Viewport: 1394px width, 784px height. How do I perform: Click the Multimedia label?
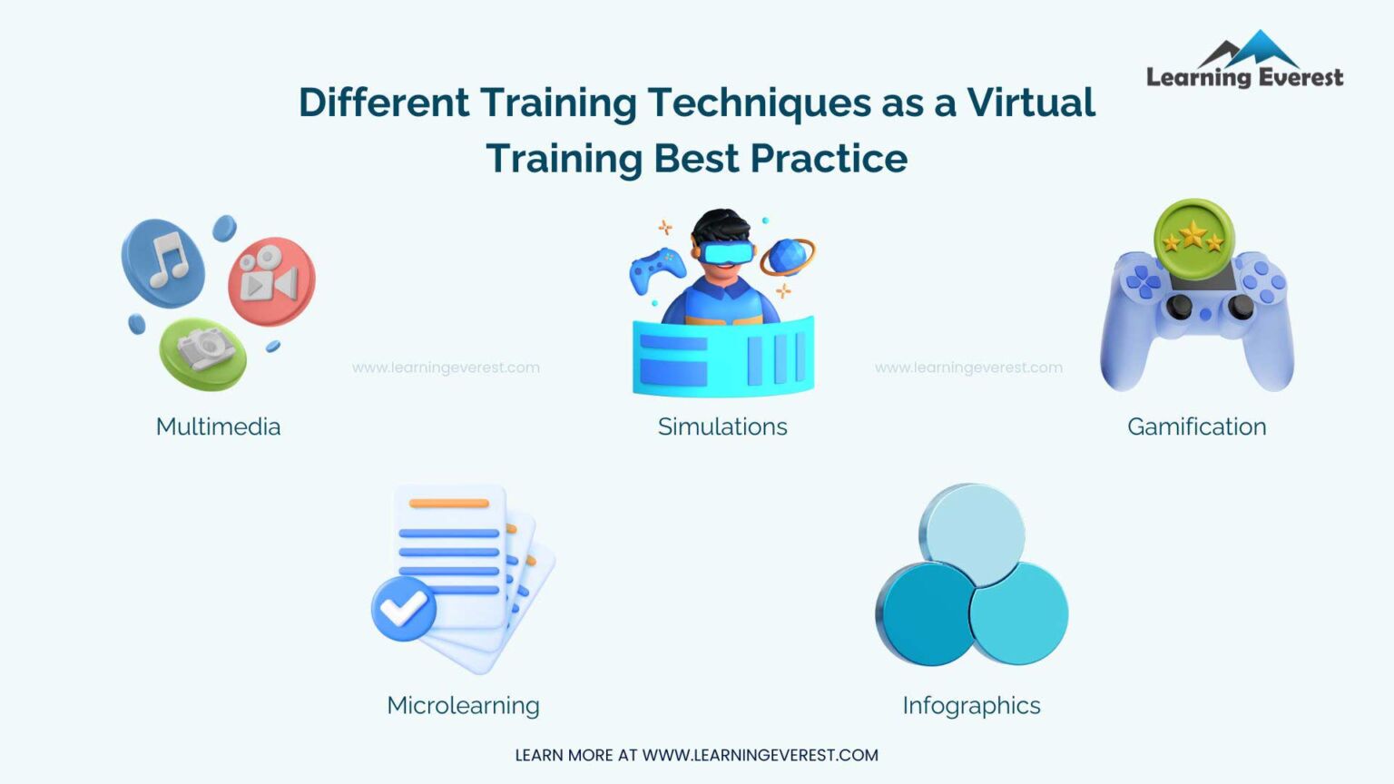point(218,426)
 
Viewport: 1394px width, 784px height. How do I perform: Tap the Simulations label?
point(722,426)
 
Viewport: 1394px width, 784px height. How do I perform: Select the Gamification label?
point(1197,426)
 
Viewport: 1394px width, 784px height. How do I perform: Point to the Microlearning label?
point(463,706)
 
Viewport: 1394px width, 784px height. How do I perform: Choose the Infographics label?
point(971,706)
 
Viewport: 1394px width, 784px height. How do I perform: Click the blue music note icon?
point(163,262)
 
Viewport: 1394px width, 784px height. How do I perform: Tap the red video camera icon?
point(272,281)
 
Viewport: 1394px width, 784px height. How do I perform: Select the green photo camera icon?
point(203,353)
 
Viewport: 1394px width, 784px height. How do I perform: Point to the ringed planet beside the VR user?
point(787,257)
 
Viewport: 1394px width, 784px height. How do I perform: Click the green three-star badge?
point(1193,239)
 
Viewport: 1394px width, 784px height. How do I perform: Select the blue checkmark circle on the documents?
point(404,609)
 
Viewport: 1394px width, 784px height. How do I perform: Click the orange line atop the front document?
point(448,504)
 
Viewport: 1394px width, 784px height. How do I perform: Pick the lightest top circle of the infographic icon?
point(972,534)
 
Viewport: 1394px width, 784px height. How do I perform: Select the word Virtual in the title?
point(1031,103)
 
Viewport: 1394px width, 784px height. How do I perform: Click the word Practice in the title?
point(829,159)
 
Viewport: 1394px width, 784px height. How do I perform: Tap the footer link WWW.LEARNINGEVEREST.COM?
point(760,755)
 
